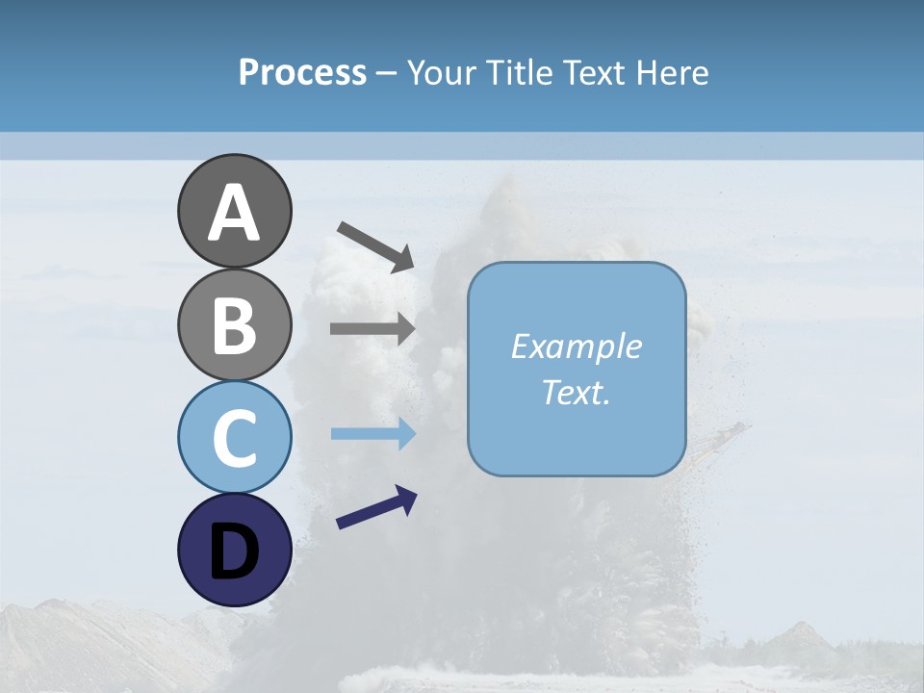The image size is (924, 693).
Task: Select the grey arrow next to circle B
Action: [x=372, y=328]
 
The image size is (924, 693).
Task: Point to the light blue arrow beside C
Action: [x=372, y=434]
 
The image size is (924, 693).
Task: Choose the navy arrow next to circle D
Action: [x=376, y=507]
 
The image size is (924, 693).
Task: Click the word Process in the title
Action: [x=302, y=73]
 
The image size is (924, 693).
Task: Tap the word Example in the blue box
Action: [x=576, y=346]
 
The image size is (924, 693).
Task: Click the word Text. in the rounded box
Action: [x=576, y=392]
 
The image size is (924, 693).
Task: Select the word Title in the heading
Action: [x=517, y=73]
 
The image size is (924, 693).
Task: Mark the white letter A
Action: [x=234, y=213]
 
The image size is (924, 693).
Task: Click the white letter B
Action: [x=234, y=325]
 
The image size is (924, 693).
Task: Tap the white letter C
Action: [x=234, y=438]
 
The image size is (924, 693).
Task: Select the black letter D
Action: [x=234, y=552]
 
